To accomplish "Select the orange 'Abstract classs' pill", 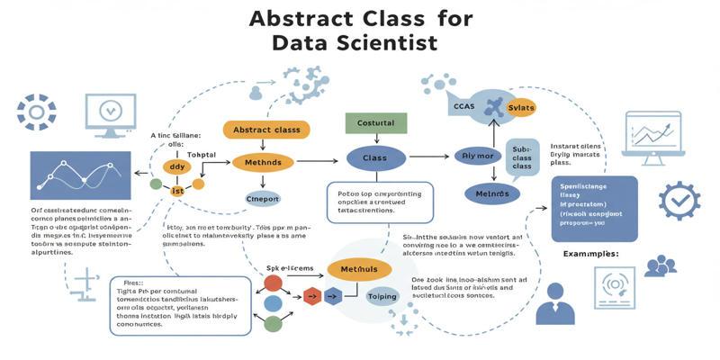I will [265, 130].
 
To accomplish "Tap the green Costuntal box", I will [370, 123].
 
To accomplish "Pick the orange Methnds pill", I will [263, 163].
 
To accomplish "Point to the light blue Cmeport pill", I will [263, 198].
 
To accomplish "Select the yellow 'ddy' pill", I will [176, 166].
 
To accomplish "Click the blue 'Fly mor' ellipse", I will [479, 156].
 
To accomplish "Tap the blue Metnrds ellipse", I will [491, 193].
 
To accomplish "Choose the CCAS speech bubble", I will [464, 106].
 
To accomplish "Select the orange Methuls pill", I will [359, 269].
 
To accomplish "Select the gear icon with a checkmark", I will [679, 200].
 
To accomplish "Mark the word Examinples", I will [590, 255].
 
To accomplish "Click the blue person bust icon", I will [554, 307].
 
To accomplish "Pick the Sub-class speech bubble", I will [521, 160].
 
